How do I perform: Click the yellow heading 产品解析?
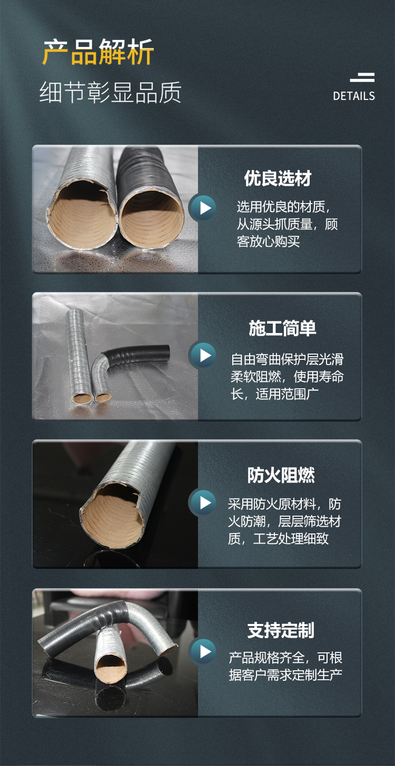[x=98, y=52]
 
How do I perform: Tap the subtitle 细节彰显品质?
[x=110, y=93]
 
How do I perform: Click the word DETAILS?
[x=354, y=96]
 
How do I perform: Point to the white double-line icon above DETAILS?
[x=362, y=77]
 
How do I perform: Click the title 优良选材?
[x=278, y=178]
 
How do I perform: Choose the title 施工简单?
[x=282, y=328]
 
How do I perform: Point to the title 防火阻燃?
[x=281, y=476]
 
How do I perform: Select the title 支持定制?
[x=281, y=630]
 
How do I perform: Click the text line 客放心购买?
[x=269, y=242]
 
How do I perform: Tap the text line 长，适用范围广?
[x=274, y=394]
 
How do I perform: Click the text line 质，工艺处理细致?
[x=278, y=539]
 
